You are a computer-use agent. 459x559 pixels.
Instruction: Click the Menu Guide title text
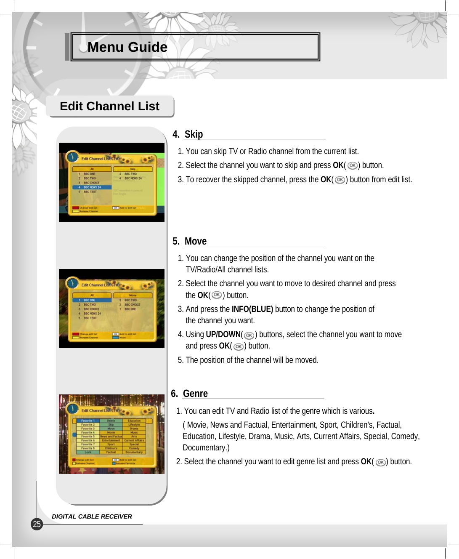127,47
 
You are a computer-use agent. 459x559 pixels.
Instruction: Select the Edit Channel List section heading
109,106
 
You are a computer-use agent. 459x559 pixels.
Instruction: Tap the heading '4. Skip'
188,134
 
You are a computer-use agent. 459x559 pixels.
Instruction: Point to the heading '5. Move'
190,241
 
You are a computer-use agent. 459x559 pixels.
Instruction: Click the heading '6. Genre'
189,394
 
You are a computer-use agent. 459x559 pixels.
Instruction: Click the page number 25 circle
37,524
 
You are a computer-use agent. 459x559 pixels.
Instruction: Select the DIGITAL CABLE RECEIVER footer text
92,516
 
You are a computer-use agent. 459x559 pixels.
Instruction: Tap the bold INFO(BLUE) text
252,309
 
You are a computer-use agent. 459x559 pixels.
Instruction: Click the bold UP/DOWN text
223,335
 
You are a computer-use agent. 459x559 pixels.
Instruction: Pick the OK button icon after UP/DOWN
249,335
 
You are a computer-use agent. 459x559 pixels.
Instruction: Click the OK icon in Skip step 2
353,166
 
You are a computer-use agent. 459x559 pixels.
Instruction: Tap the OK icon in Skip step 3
340,180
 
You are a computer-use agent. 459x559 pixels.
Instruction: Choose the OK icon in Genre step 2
381,462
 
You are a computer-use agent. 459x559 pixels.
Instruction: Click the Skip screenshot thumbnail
111,182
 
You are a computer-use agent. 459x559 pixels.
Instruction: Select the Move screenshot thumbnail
111,309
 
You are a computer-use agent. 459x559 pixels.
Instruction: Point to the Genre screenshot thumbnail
111,434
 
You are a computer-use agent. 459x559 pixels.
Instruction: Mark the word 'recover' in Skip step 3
207,180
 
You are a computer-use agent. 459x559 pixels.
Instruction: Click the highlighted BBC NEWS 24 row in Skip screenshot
92,187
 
